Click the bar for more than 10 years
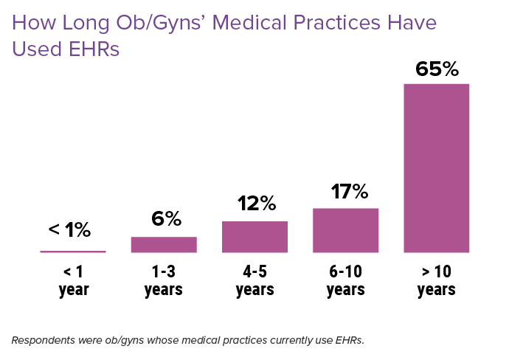tap(436, 168)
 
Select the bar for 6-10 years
tap(345, 230)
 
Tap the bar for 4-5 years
tap(254, 237)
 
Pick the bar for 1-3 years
tap(164, 245)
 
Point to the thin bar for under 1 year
tap(73, 252)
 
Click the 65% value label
tap(437, 69)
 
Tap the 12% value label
tap(256, 204)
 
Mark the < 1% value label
tap(70, 230)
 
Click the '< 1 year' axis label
tap(73, 280)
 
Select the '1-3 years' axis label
tap(164, 280)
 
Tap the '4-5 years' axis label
tap(254, 280)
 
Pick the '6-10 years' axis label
tap(345, 280)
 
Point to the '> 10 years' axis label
tap(436, 280)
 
